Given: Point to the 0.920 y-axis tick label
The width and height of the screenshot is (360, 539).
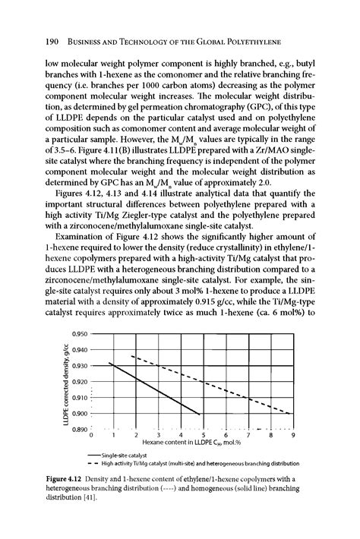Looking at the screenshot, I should pyautogui.click(x=78, y=381).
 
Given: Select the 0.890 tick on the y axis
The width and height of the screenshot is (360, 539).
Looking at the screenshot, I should pyautogui.click(x=78, y=430).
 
